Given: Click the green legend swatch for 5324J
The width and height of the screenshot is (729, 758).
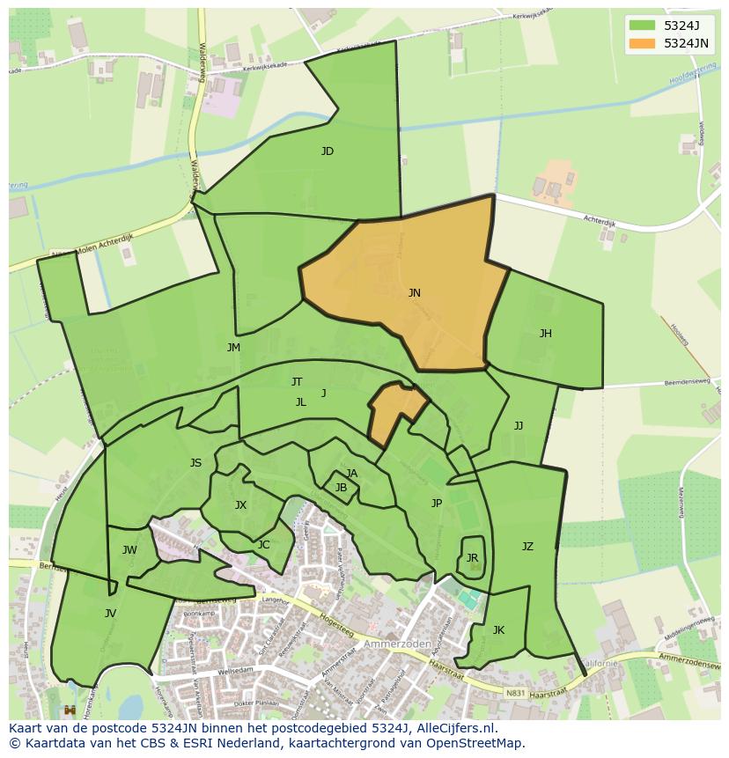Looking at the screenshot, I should click(x=643, y=26).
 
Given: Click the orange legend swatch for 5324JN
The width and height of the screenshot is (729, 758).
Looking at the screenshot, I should click(x=643, y=43).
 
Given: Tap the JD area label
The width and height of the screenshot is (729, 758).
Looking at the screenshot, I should click(x=328, y=151).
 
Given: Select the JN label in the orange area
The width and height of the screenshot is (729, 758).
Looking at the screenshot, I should click(x=414, y=293).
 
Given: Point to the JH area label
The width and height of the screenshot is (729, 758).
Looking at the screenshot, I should click(x=546, y=334).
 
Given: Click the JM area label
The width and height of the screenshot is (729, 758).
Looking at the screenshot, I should click(x=233, y=348).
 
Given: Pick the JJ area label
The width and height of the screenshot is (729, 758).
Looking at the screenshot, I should click(x=519, y=426).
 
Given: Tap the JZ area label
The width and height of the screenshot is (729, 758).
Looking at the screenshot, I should click(x=527, y=547).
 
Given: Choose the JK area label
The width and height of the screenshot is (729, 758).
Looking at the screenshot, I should click(x=498, y=630).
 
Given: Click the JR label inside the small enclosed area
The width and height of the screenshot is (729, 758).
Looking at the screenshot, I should click(x=472, y=558).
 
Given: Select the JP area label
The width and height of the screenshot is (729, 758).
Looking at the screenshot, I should click(x=437, y=504).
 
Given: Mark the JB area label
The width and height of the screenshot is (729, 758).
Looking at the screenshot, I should click(x=341, y=488).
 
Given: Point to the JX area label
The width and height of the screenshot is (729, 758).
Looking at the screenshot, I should click(x=240, y=505).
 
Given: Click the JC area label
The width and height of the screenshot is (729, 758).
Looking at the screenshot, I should click(x=263, y=545).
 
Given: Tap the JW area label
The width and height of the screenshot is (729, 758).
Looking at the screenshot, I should click(x=129, y=551).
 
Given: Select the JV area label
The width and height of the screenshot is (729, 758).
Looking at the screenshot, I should click(x=110, y=614).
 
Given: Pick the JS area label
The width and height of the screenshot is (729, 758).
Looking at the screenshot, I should click(x=195, y=463).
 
